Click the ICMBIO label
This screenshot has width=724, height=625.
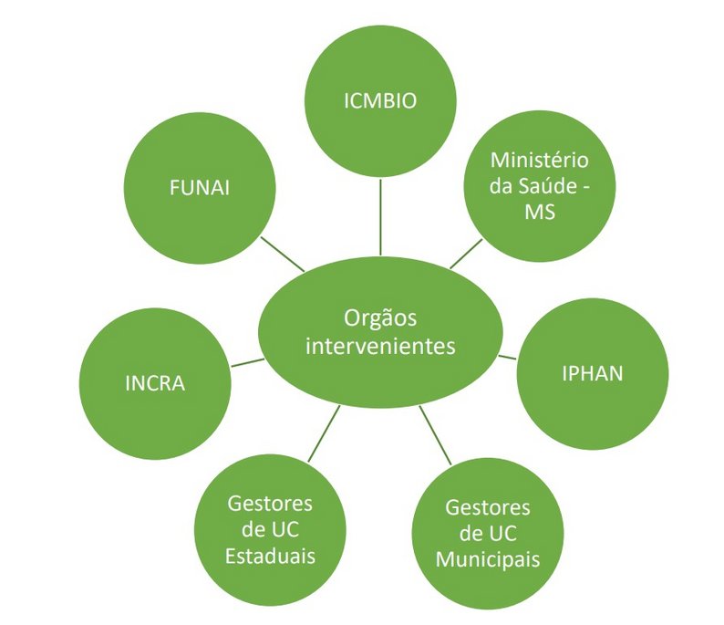point(380,101)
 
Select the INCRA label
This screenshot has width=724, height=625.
point(155,382)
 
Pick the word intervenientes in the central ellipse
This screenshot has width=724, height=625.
point(380,347)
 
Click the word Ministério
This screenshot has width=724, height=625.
point(540,160)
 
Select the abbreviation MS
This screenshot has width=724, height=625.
point(540,212)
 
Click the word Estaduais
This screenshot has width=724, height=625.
point(271,556)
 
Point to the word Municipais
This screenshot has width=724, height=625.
point(487,558)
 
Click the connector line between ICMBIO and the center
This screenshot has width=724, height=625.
point(380,216)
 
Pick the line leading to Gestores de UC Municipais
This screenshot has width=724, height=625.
point(435,435)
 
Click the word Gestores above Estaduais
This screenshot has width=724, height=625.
point(271,504)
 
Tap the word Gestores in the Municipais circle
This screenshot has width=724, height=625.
point(487,507)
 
